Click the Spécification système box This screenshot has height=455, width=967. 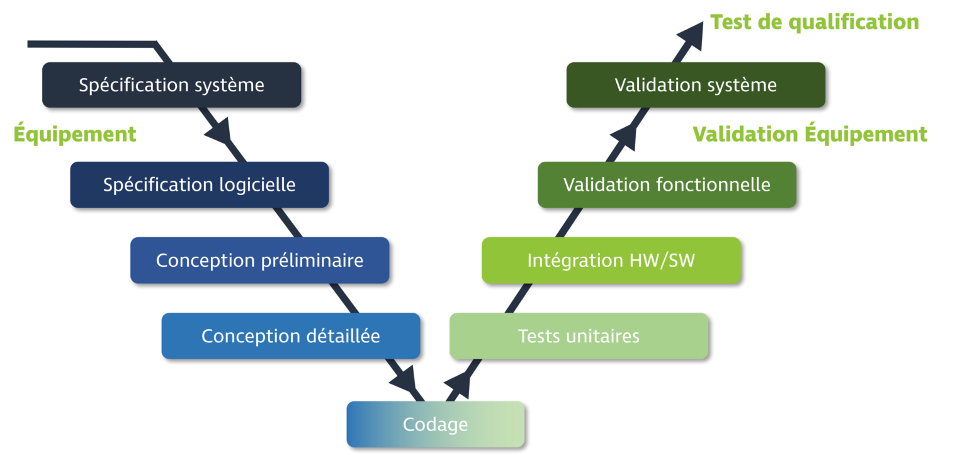[x=171, y=85]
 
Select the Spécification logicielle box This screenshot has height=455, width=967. [x=199, y=184]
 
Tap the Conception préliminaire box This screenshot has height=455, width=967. [x=259, y=260]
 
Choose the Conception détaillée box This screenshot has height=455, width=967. [x=290, y=335]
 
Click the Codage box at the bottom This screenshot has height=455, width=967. [x=435, y=424]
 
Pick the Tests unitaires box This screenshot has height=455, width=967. [x=578, y=335]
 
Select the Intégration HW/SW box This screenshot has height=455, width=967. [x=611, y=260]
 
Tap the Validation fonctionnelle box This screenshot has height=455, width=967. [x=666, y=184]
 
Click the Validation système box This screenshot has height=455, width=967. [x=695, y=85]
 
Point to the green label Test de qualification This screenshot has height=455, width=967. [x=814, y=22]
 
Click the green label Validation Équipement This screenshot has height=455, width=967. [x=810, y=134]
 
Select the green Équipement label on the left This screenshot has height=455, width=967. [x=75, y=134]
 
